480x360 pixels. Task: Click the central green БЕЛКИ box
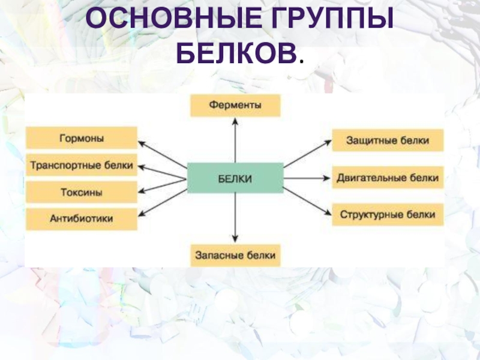point(235,178)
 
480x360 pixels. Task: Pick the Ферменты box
point(235,106)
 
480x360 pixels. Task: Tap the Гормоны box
point(82,138)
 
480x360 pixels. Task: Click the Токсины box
point(82,193)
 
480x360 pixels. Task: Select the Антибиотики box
point(82,219)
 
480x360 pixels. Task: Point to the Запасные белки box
point(235,255)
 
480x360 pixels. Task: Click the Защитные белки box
point(388,141)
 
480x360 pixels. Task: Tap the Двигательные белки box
point(388,178)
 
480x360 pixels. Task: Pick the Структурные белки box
point(388,214)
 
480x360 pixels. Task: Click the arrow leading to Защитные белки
point(307,154)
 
